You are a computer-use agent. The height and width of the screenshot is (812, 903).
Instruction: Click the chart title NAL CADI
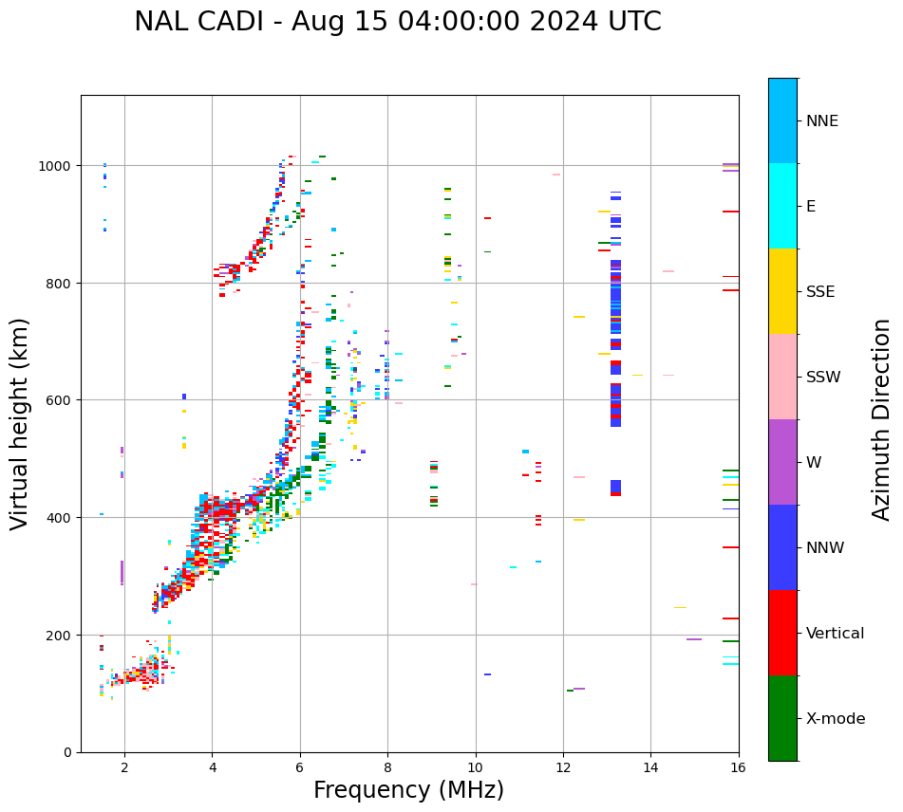[x=397, y=22]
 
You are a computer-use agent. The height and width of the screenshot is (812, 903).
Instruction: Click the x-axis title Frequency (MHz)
[x=408, y=790]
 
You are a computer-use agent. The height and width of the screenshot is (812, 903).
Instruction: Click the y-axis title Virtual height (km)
[x=20, y=423]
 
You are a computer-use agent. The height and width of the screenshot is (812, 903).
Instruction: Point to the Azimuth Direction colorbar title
[x=882, y=419]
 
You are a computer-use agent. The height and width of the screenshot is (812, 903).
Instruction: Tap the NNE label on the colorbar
[x=822, y=120]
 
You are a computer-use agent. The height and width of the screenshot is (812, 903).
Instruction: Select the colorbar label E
[x=811, y=206]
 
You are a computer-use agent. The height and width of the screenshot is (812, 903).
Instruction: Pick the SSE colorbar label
[x=820, y=291]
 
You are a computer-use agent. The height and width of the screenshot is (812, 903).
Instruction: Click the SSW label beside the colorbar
[x=823, y=377]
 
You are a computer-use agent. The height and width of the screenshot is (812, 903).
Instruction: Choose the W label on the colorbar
[x=813, y=462]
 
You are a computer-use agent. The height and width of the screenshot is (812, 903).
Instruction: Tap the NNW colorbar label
[x=825, y=547]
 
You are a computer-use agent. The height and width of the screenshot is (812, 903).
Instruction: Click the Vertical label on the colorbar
[x=835, y=633]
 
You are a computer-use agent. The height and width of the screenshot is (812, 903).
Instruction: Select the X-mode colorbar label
[x=836, y=718]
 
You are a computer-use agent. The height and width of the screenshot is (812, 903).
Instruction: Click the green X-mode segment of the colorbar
[x=782, y=718]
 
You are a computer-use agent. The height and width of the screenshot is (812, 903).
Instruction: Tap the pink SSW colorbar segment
[x=782, y=377]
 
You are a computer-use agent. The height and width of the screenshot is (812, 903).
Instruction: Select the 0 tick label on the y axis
[x=68, y=752]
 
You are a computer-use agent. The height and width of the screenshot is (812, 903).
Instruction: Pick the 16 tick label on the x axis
[x=738, y=768]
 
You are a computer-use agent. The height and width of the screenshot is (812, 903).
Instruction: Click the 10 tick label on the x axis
[x=475, y=768]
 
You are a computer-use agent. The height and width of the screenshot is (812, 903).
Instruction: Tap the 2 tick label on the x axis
[x=124, y=768]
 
